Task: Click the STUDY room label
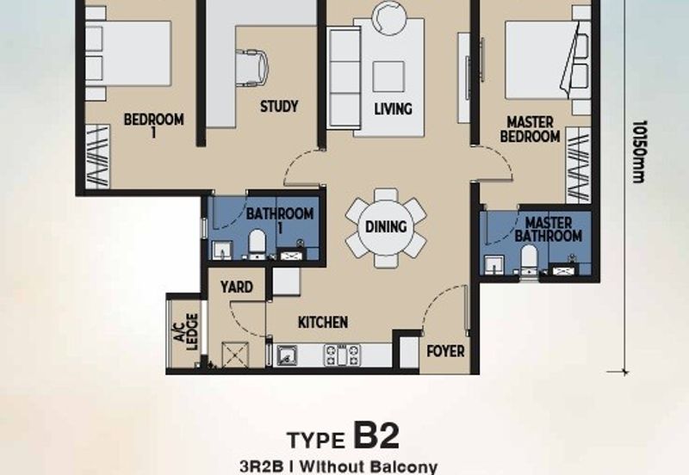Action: (279, 106)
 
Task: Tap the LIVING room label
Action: (394, 109)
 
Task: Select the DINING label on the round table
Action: (386, 226)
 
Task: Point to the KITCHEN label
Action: (323, 322)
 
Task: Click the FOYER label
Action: (445, 351)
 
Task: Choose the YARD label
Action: (237, 287)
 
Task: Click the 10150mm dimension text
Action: (638, 151)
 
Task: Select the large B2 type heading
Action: (376, 435)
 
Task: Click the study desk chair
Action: (252, 67)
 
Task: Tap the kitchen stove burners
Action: (342, 355)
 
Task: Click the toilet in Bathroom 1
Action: (257, 244)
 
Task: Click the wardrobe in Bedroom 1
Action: (97, 157)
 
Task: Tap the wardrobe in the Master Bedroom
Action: (578, 165)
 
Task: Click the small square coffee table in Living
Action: (388, 77)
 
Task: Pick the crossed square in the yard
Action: (235, 355)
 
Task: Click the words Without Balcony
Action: (369, 466)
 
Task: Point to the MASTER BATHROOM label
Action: (549, 229)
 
